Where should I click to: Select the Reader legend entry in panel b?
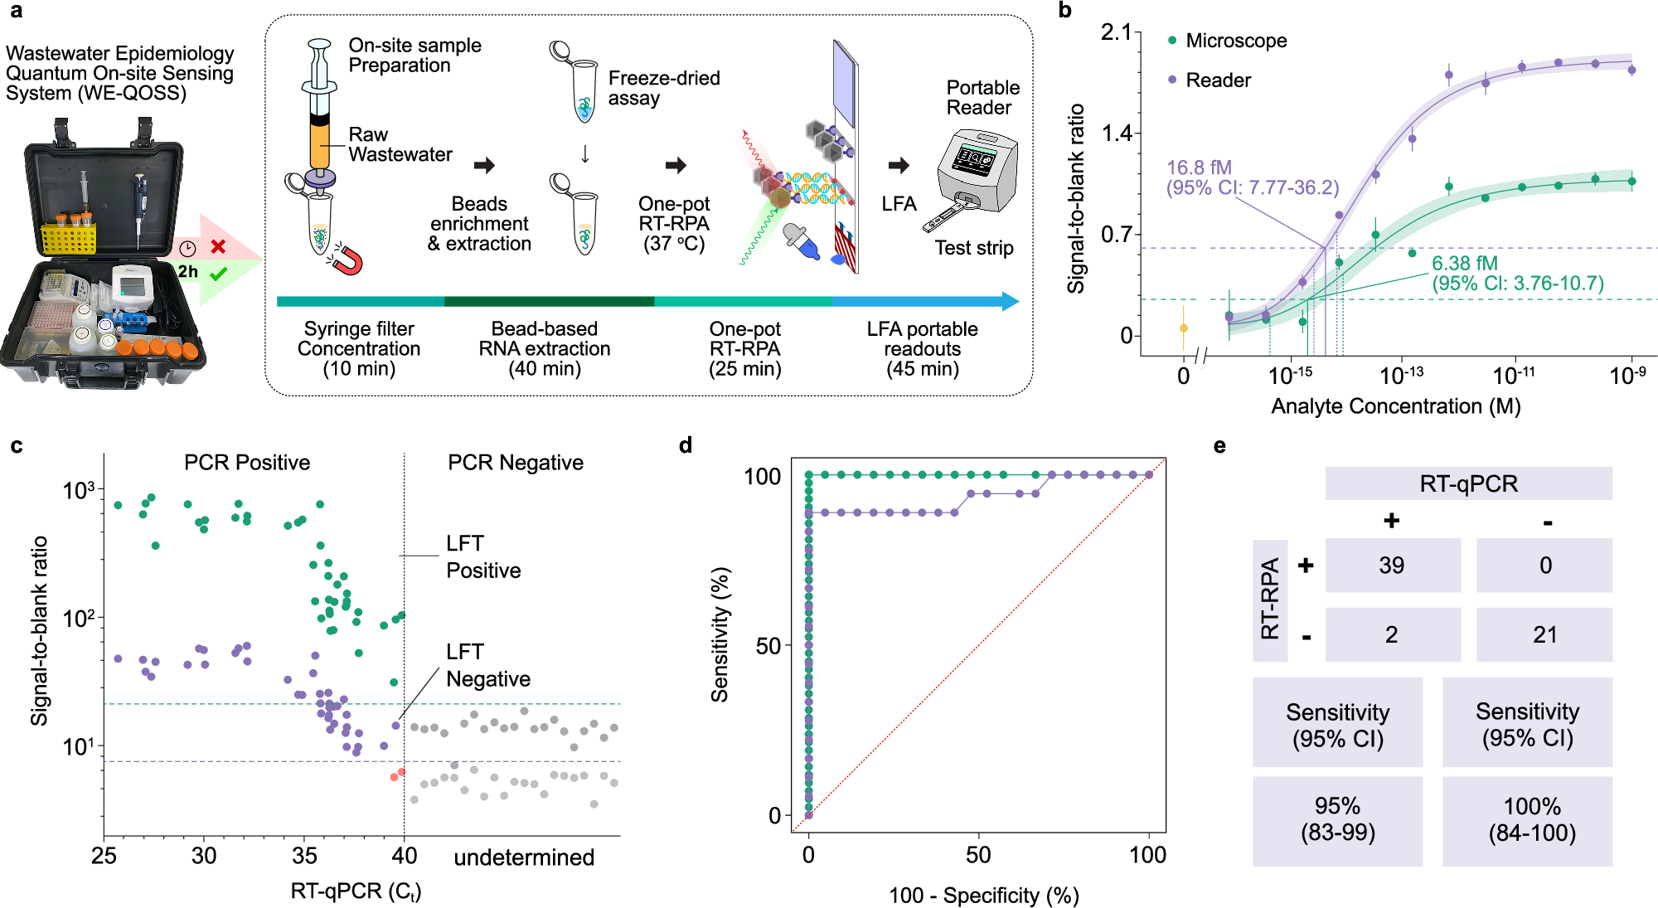(1217, 80)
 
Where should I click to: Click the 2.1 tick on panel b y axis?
(1116, 32)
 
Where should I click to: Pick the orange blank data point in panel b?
(1184, 328)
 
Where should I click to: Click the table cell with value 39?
(1392, 566)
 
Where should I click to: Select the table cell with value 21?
(1544, 635)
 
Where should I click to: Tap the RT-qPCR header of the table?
(1468, 483)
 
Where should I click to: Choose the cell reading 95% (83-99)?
(1337, 820)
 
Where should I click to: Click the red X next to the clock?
(218, 247)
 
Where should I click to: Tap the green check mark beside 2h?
(219, 274)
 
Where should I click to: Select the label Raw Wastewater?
(399, 145)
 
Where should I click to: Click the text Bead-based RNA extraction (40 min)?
(544, 349)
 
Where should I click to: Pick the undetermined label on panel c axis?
(524, 857)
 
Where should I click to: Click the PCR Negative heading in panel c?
(516, 463)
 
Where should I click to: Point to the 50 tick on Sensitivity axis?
(768, 646)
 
